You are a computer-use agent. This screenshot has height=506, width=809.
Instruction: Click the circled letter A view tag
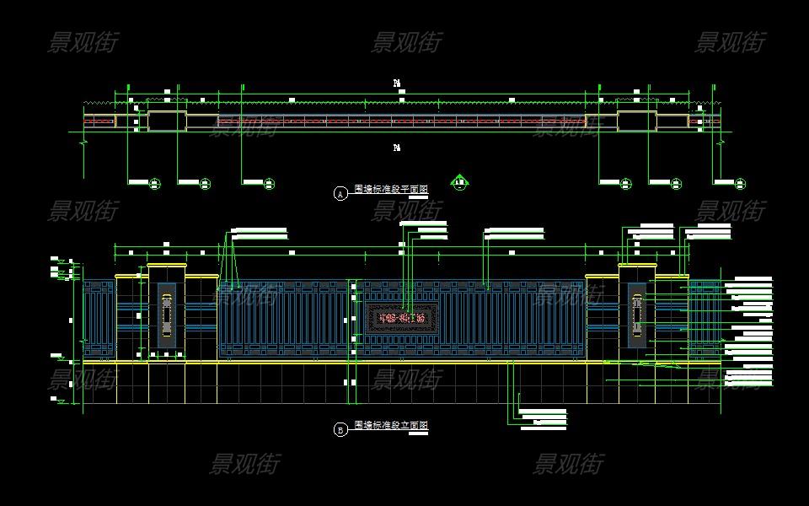pyautogui.click(x=340, y=194)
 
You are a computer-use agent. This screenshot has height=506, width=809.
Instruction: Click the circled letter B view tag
pyautogui.click(x=340, y=430)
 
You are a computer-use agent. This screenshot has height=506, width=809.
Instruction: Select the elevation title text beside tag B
pyautogui.click(x=391, y=426)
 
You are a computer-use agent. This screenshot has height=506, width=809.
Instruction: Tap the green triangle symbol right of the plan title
pyautogui.click(x=459, y=181)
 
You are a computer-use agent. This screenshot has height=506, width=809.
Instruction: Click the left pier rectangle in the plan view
pyautogui.click(x=167, y=121)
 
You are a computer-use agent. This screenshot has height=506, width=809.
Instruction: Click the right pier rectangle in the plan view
pyautogui.click(x=637, y=121)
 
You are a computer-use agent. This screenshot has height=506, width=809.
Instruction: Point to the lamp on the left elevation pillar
pyautogui.click(x=166, y=315)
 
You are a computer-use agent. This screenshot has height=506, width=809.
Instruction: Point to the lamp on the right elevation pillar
pyautogui.click(x=636, y=315)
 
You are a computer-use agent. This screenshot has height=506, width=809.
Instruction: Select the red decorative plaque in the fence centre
pyautogui.click(x=403, y=318)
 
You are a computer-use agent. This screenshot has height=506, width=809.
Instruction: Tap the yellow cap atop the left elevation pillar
pyautogui.click(x=166, y=266)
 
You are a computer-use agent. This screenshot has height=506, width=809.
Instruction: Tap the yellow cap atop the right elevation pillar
pyautogui.click(x=636, y=266)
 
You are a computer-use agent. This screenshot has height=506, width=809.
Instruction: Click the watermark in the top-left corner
pyautogui.click(x=83, y=41)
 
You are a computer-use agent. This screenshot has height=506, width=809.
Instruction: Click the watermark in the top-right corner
pyautogui.click(x=730, y=41)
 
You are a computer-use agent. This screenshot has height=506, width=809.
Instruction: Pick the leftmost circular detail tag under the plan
pyautogui.click(x=155, y=183)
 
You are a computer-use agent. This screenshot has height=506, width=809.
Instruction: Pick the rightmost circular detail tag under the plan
pyautogui.click(x=740, y=183)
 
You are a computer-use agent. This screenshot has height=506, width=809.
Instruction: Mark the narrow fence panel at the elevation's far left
pyautogui.click(x=99, y=319)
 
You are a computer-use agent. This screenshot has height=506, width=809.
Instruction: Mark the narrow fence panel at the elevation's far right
pyautogui.click(x=704, y=319)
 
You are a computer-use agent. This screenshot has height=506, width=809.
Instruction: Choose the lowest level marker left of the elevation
pyautogui.click(x=56, y=399)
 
